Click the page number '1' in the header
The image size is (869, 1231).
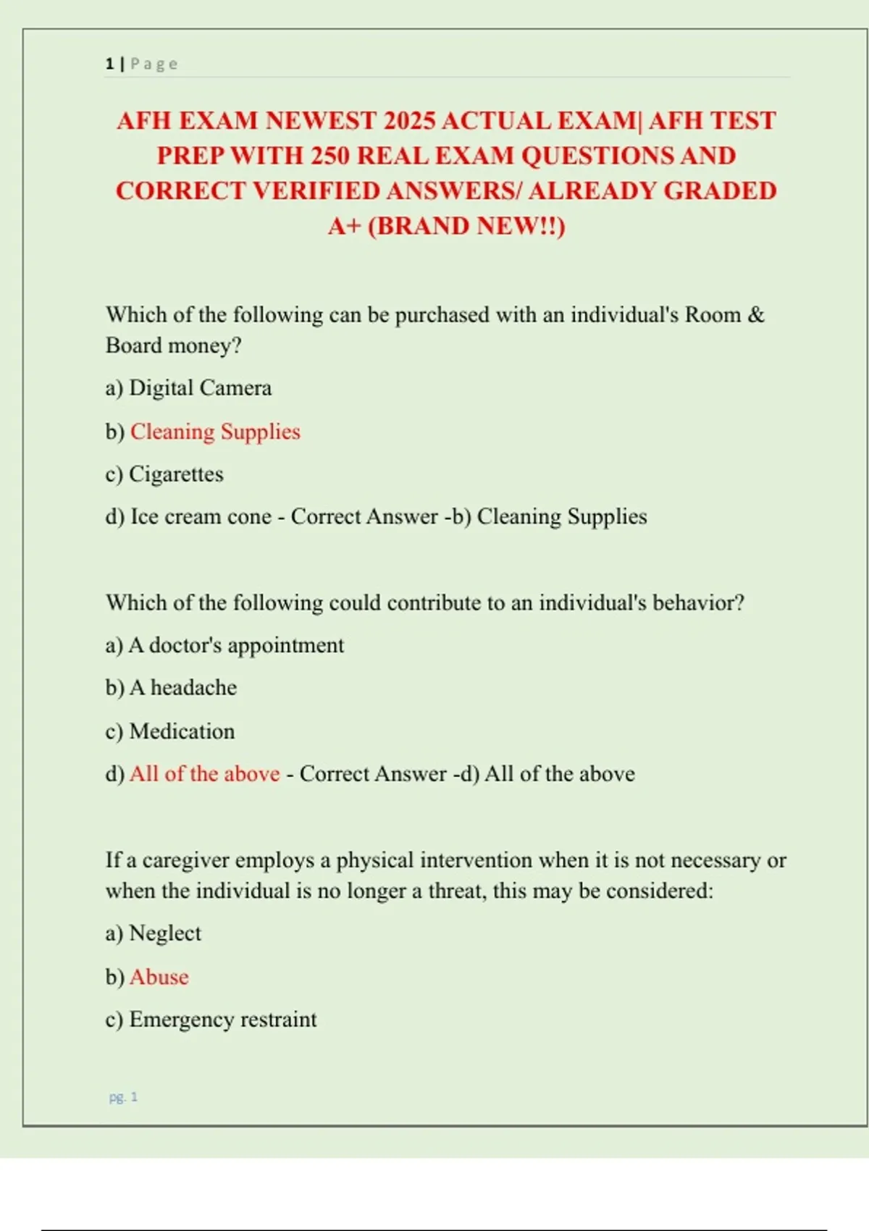click(109, 64)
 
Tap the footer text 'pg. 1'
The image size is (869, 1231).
click(123, 1097)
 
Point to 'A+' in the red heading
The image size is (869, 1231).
click(345, 226)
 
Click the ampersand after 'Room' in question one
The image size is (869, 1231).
click(756, 315)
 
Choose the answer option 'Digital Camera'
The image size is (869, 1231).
click(200, 388)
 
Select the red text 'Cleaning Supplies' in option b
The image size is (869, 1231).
click(215, 432)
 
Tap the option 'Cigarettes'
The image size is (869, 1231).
click(176, 474)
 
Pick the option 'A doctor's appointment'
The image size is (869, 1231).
click(235, 645)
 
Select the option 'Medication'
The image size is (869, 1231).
click(182, 731)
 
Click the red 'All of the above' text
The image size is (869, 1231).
click(204, 774)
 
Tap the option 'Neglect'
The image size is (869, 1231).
click(164, 933)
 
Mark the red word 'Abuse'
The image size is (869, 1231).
click(159, 977)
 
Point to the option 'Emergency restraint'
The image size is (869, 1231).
click(222, 1020)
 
